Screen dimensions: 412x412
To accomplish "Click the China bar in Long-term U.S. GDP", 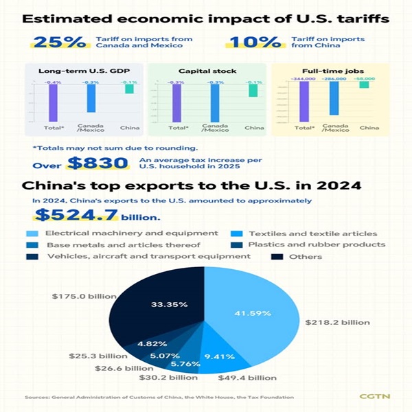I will tap(128, 89).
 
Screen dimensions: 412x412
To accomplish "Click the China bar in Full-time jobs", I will tap(364, 86).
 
